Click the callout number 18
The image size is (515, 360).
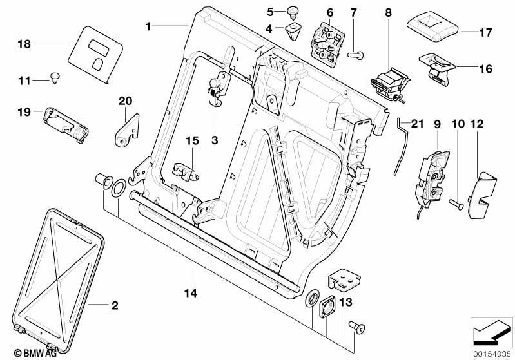(x=24, y=44)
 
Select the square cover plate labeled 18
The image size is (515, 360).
(x=95, y=55)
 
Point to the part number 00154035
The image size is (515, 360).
(x=492, y=354)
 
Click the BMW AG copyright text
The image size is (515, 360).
(x=35, y=353)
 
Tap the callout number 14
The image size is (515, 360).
(x=191, y=293)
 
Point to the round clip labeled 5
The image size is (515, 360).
(x=293, y=12)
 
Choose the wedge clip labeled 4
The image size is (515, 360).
(x=294, y=31)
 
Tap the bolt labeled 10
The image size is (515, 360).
(x=456, y=204)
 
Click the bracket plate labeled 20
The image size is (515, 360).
(x=128, y=129)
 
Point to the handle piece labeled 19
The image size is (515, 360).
(x=66, y=125)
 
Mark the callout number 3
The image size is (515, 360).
(x=215, y=140)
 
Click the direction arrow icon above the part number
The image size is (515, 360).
(x=491, y=332)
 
